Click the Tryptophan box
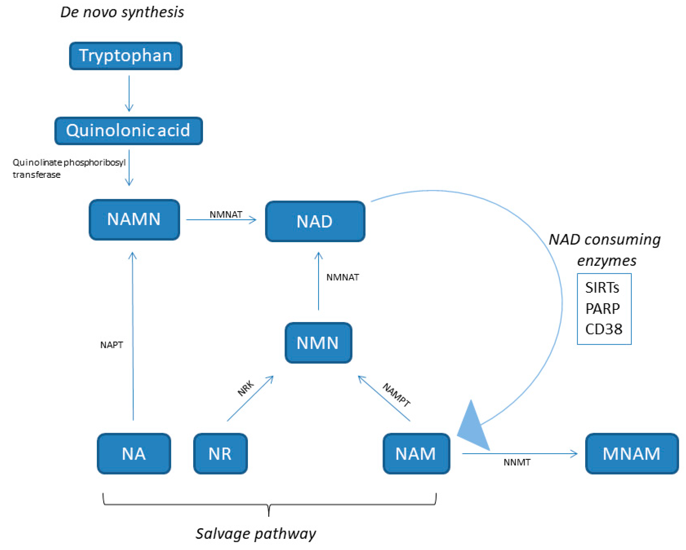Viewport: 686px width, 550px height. point(126,56)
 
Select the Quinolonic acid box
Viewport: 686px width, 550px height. point(129,131)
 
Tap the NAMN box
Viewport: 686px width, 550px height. point(134,220)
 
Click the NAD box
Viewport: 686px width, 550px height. point(315,221)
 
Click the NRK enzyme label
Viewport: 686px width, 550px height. point(246,388)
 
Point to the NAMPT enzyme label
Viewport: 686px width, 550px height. point(396,395)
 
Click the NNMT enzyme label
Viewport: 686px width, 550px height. point(517,462)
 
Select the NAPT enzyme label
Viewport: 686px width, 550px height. point(111,345)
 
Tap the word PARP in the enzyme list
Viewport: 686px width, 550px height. point(603,308)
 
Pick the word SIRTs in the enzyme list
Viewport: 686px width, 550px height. point(602,288)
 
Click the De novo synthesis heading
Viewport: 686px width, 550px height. point(122,12)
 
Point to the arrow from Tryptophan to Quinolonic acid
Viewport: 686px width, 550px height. point(129,93)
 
